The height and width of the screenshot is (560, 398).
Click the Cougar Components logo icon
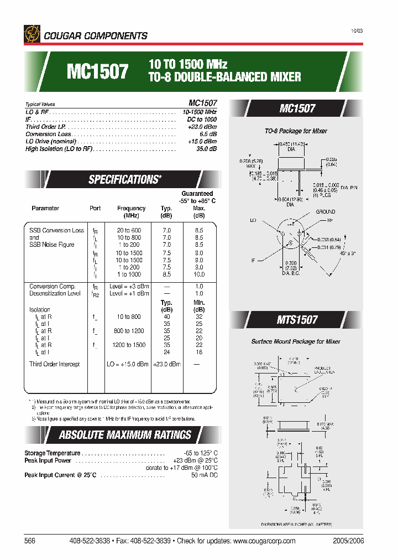pyautogui.click(x=32, y=34)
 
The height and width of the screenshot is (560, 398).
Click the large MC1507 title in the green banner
pyautogui.click(x=97, y=71)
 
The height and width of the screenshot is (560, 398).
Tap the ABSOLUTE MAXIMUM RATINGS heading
pyautogui.click(x=125, y=435)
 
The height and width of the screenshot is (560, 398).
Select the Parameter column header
pyautogui.click(x=45, y=209)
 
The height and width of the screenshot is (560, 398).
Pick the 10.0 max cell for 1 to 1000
pyautogui.click(x=199, y=274)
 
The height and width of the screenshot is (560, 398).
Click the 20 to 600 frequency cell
pyautogui.click(x=129, y=230)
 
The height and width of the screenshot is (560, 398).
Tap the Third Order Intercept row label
pyautogui.click(x=55, y=364)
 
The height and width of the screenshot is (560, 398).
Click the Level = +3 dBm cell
pyautogui.click(x=129, y=286)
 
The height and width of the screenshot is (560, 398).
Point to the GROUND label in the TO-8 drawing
pyautogui.click(x=326, y=212)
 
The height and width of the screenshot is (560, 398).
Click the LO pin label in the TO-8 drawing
pyautogui.click(x=253, y=220)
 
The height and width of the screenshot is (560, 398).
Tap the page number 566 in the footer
pyautogui.click(x=30, y=541)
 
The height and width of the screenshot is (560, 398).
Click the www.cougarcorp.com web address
pyautogui.click(x=264, y=541)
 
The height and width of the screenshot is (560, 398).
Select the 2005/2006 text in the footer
pyautogui.click(x=349, y=541)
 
